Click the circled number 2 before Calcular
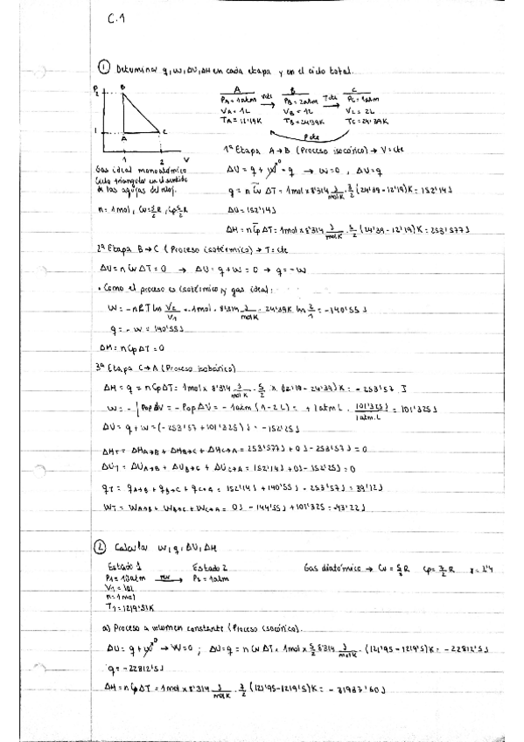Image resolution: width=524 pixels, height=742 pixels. tap(101, 549)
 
